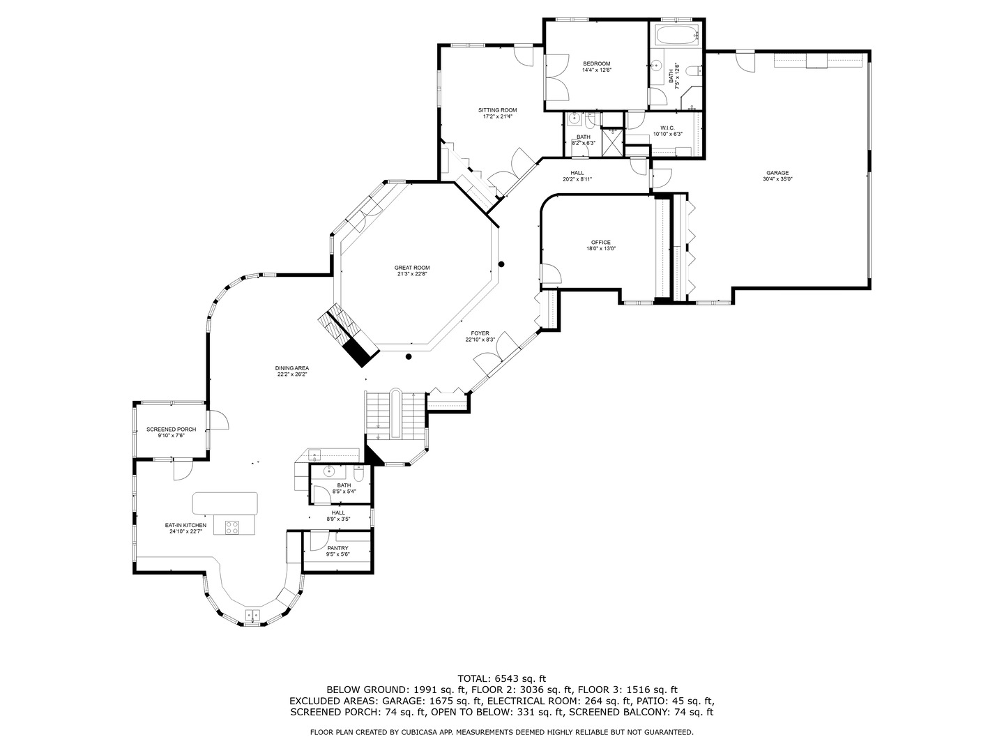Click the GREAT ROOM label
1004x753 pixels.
click(411, 268)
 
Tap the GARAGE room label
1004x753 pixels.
click(777, 173)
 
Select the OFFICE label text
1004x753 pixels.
click(600, 243)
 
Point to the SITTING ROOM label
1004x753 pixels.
click(498, 110)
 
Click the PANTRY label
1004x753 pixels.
click(337, 548)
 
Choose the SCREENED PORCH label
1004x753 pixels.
click(171, 429)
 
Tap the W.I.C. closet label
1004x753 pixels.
click(667, 128)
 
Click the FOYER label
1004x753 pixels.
click(480, 333)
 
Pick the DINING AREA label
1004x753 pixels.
click(292, 368)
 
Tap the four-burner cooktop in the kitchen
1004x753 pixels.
click(232, 528)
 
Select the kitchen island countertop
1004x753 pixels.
click(225, 503)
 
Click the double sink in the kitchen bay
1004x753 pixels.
click(252, 615)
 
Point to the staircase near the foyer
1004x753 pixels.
click(396, 414)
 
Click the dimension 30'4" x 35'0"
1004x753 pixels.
click(777, 179)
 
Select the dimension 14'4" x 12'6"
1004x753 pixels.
click(596, 70)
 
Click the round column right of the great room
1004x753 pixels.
click(501, 264)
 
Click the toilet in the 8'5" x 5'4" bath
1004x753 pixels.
click(358, 474)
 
